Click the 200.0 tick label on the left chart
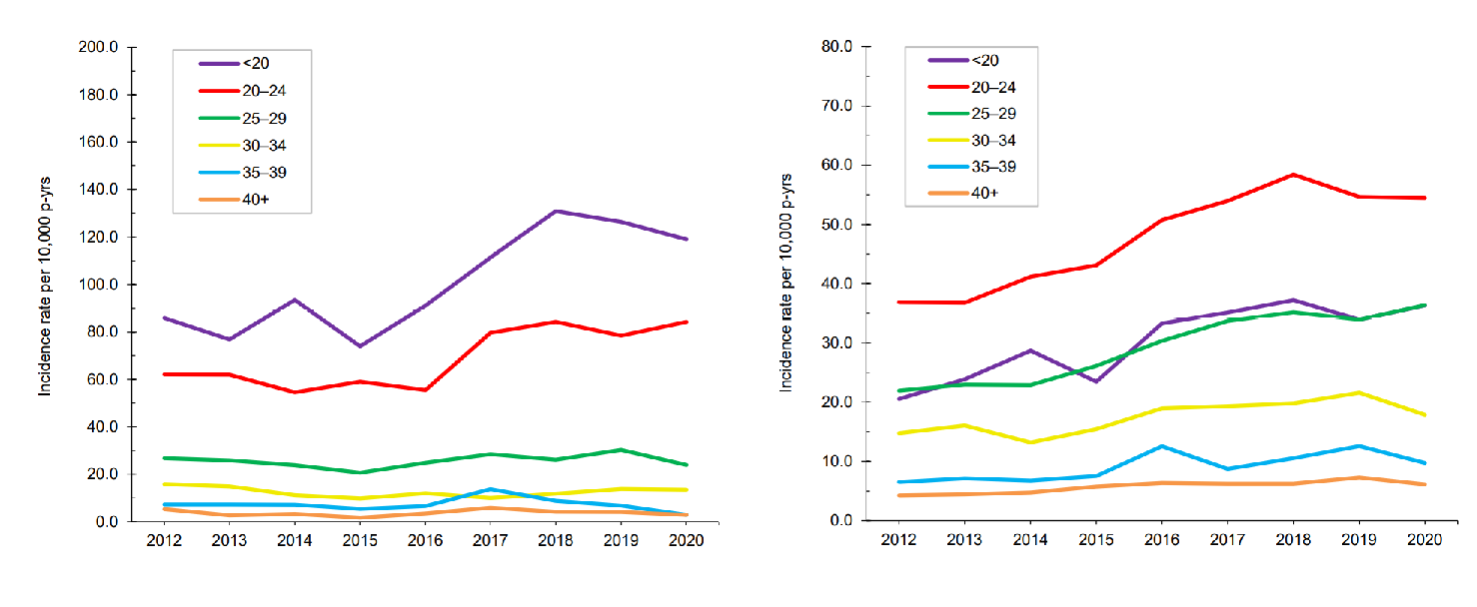point(98,47)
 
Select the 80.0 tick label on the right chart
point(836,46)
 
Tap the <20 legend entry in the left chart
point(234,63)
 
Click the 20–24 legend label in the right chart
point(993,87)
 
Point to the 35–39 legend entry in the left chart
point(243,173)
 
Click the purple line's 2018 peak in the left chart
point(556,211)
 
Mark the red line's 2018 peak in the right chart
point(1294,175)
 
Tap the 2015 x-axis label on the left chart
point(360,540)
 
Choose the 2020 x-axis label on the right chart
point(1425,539)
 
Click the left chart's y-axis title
point(44,287)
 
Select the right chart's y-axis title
point(785,284)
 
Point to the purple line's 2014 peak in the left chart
point(295,300)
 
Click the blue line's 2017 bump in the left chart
point(491,489)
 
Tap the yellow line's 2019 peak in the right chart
point(1359,392)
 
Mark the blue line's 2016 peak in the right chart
point(1162,446)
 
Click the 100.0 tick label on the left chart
point(98,285)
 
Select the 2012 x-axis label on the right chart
point(898,539)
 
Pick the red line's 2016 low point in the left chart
point(426,389)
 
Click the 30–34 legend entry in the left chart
point(243,146)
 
